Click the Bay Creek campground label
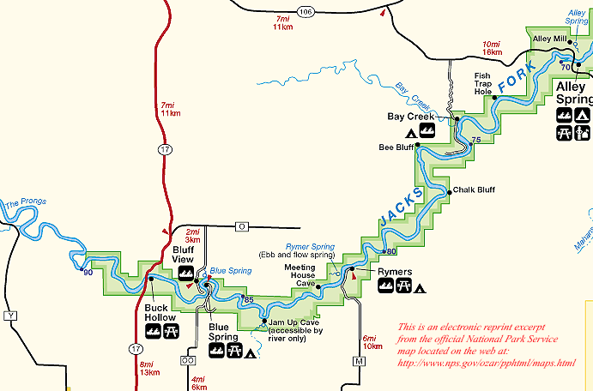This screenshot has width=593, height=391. coord(406,116)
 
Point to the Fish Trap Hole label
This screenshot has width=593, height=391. coord(483,83)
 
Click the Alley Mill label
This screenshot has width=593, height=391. coord(549,39)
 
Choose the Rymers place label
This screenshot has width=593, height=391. coord(395,272)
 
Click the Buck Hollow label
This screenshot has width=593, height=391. coord(160,312)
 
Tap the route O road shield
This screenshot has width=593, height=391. coord(242,226)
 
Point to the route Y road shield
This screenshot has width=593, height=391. coord(11,316)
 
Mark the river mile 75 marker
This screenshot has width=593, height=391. coord(475,139)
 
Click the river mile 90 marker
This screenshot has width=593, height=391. coord(87,272)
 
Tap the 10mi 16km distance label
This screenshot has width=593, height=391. coord(491,47)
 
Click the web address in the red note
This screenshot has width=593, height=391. coord(485,363)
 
